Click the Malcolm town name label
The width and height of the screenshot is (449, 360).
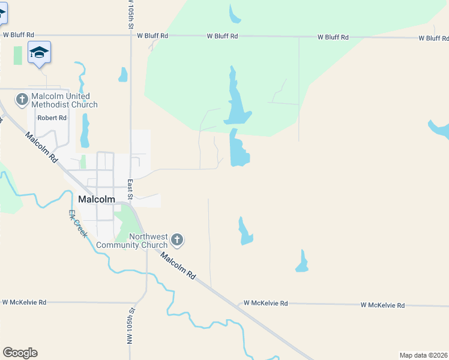coord(97,199)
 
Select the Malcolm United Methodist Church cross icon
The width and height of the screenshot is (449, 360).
coord(22,98)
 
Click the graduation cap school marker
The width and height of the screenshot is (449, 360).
coord(39,52)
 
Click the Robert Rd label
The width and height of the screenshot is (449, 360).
coord(52,118)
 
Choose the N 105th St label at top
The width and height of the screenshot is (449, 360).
coord(130,16)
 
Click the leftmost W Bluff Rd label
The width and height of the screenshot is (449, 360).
coord(19,35)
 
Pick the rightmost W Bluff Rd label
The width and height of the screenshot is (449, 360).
coord(433,38)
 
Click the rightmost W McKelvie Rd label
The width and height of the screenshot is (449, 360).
coord(383,305)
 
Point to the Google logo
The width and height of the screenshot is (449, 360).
coord(20,353)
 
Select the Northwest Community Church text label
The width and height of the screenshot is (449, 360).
coord(132,241)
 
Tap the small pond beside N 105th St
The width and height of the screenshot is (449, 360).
coord(123,75)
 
